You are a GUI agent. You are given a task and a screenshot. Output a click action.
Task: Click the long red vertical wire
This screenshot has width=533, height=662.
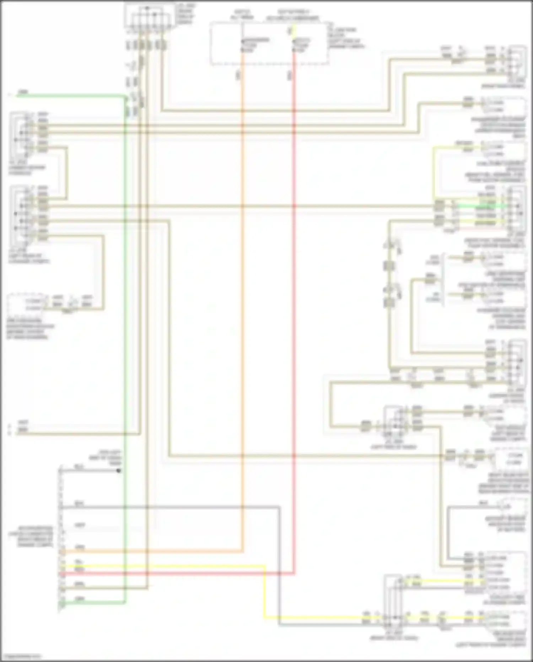point(294,320)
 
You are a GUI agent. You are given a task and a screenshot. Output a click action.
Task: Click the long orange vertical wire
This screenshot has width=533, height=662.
point(243,320)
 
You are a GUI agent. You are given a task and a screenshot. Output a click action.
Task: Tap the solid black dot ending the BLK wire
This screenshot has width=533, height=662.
point(119,471)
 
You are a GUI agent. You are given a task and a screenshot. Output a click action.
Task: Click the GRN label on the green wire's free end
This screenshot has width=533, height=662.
point(23,92)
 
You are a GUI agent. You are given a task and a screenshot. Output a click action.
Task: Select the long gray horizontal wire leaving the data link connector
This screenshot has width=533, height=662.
point(171,507)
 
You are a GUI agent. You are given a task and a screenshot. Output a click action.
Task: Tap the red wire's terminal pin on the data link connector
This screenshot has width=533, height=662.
point(62,573)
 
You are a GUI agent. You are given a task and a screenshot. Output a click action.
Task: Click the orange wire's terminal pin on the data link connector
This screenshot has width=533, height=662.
point(62,552)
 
